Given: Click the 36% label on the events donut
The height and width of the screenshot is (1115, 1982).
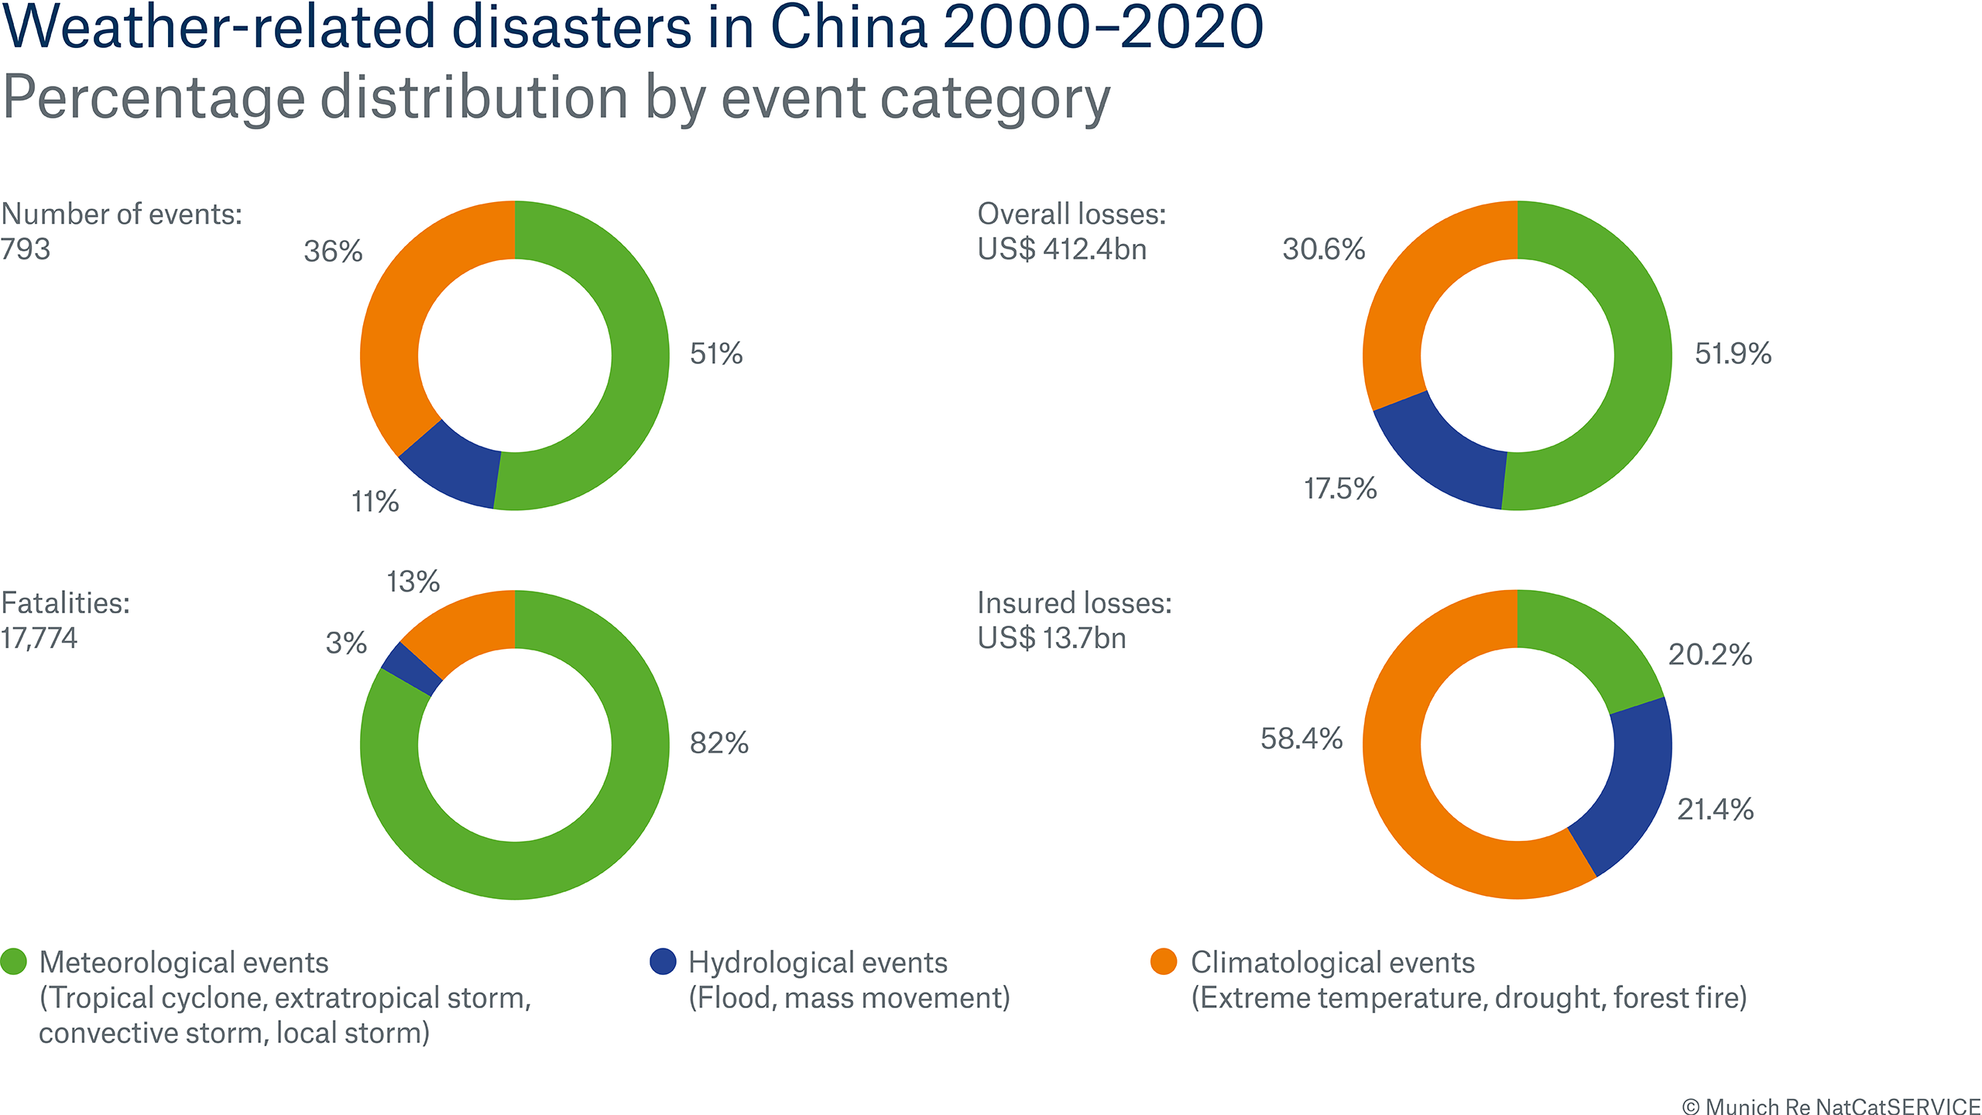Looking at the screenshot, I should click(333, 252).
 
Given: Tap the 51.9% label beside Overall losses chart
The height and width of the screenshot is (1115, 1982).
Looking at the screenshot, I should click(1733, 354).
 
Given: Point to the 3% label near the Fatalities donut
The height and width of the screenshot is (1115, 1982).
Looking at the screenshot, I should click(345, 643).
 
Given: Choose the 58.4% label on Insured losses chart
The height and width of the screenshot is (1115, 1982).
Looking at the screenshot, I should click(1301, 739).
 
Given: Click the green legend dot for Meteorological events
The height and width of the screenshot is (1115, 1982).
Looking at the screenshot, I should click(14, 962).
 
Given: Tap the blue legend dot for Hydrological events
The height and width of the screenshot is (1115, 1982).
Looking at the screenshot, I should click(663, 962).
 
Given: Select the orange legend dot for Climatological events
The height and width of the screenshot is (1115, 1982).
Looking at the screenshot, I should click(1164, 962).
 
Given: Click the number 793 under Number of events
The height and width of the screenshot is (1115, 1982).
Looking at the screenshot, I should click(26, 249).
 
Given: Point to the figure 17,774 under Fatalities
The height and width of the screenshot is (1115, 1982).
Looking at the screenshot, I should click(39, 639).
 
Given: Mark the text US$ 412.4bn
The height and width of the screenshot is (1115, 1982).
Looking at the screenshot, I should click(1061, 249).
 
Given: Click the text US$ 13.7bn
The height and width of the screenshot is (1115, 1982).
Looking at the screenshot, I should click(1051, 639).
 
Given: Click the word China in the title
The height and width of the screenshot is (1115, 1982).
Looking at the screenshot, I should click(849, 28).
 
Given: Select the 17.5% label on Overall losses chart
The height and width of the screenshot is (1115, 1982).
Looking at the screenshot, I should click(1340, 489).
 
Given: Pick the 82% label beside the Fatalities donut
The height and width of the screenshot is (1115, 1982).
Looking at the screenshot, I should click(718, 743).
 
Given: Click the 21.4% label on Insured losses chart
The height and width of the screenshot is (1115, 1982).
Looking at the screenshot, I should click(1715, 810).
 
